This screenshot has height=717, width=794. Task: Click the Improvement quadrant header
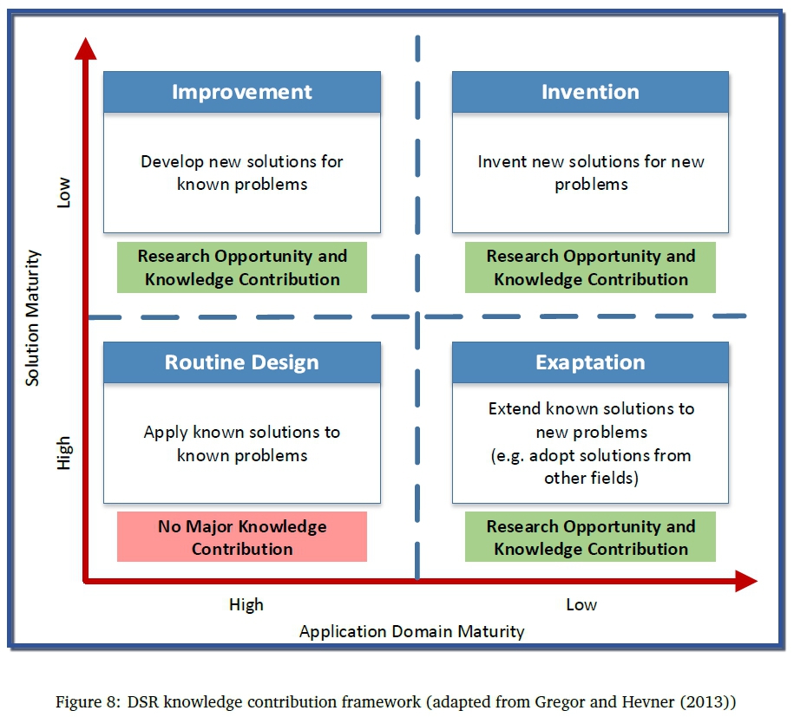pyautogui.click(x=242, y=92)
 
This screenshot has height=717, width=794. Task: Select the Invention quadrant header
pyautogui.click(x=590, y=92)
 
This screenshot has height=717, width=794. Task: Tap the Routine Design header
pyautogui.click(x=242, y=362)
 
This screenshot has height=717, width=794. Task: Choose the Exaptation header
pyautogui.click(x=590, y=362)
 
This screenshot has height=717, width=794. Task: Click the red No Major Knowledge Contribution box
pyautogui.click(x=242, y=538)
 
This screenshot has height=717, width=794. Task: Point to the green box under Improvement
pyautogui.click(x=242, y=268)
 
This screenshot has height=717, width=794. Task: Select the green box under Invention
pyautogui.click(x=590, y=268)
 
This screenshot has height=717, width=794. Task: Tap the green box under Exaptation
pyautogui.click(x=590, y=538)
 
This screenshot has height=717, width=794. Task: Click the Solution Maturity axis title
pyautogui.click(x=34, y=318)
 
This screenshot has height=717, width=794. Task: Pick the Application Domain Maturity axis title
pyautogui.click(x=411, y=632)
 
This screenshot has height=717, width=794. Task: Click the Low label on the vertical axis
pyautogui.click(x=63, y=193)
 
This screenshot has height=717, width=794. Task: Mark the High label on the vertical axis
pyautogui.click(x=63, y=453)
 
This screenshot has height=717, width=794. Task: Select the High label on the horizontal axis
pyautogui.click(x=246, y=604)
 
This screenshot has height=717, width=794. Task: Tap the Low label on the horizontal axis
pyautogui.click(x=581, y=604)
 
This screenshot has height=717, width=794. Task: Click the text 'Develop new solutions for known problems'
pyautogui.click(x=242, y=173)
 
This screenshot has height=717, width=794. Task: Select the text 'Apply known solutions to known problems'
pyautogui.click(x=242, y=443)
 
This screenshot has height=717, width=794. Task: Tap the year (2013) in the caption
pyautogui.click(x=711, y=700)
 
